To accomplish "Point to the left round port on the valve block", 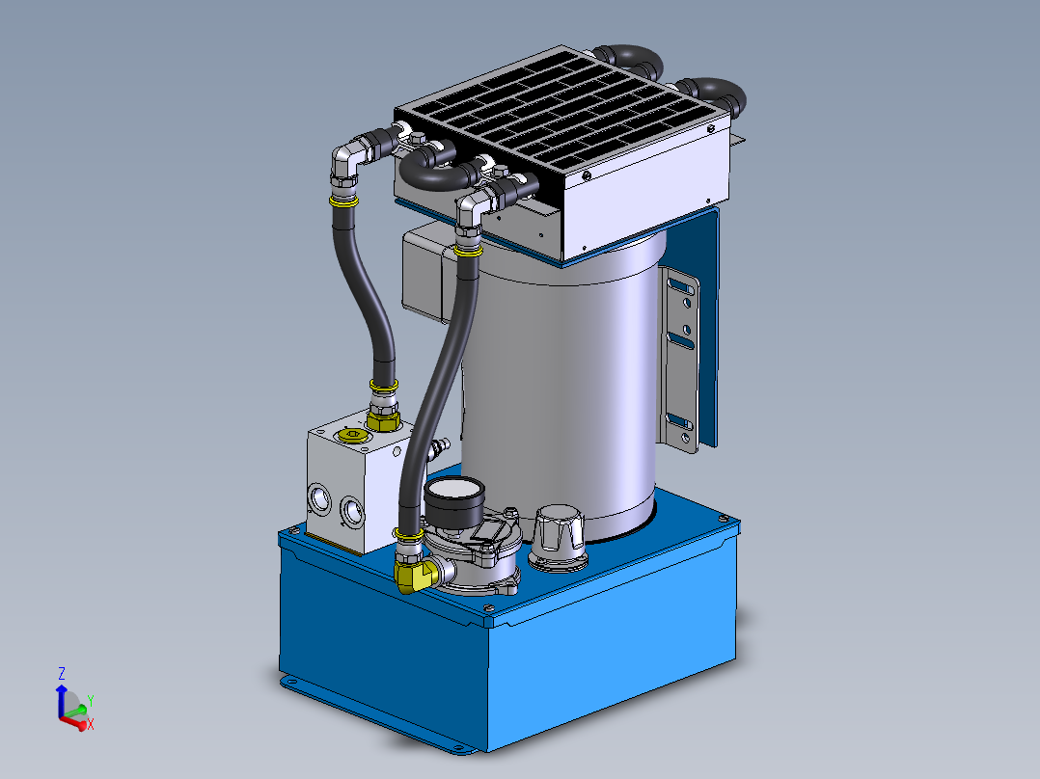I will click(318, 498).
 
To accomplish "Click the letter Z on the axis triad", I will click(61, 673).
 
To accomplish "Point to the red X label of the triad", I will click(90, 724).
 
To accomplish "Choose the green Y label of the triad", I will click(90, 701).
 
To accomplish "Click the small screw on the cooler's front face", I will click(586, 175).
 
